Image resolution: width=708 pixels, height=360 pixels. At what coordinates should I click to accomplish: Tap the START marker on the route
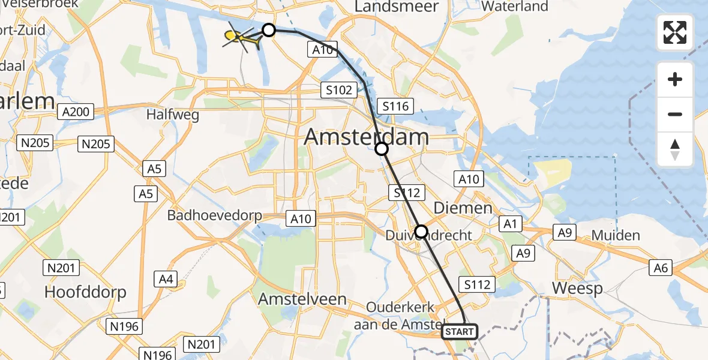460,331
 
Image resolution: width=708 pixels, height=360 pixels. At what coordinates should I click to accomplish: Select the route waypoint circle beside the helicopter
269,29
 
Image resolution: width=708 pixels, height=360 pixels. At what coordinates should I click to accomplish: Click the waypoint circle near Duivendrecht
421,231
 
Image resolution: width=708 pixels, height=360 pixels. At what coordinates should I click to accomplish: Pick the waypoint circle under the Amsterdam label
382,149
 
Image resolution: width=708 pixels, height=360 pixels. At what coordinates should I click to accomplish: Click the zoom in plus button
675,79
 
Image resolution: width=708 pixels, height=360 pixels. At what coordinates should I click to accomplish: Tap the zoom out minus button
675,114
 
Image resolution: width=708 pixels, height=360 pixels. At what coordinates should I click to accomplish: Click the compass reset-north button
675,149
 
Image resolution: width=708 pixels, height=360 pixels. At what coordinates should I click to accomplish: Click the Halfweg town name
173,115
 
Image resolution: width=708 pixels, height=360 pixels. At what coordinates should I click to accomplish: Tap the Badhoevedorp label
215,215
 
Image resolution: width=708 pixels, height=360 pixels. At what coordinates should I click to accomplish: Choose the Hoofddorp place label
85,292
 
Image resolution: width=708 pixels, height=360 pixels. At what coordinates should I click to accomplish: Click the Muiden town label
616,235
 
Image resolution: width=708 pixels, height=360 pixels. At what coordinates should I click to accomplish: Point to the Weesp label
576,288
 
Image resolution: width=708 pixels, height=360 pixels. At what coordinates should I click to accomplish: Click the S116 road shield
394,107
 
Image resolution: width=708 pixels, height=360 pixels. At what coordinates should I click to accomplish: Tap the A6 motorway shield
662,268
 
